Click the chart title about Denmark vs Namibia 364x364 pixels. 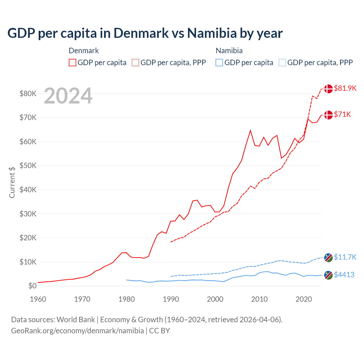(x=145, y=33)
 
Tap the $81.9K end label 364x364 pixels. (x=345, y=88)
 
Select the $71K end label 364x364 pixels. (x=342, y=114)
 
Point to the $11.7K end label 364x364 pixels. (x=345, y=257)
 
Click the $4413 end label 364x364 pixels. (x=344, y=275)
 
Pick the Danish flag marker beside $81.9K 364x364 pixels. (x=328, y=89)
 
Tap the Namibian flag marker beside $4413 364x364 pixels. (x=328, y=275)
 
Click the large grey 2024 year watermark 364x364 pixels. (x=68, y=96)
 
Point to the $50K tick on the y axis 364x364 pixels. (x=28, y=166)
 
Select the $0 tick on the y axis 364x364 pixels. (x=32, y=286)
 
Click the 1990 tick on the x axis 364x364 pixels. (x=171, y=299)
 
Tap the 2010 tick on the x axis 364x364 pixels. (x=259, y=299)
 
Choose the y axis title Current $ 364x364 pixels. (x=12, y=182)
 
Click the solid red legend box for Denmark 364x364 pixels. (x=73, y=63)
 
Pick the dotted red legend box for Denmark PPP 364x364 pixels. (x=135, y=63)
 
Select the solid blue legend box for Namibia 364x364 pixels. (x=219, y=63)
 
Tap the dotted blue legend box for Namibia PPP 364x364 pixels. (x=282, y=63)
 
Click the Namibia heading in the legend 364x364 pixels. (x=229, y=51)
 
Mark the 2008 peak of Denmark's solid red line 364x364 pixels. (x=250, y=131)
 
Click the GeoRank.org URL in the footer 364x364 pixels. (x=77, y=331)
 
